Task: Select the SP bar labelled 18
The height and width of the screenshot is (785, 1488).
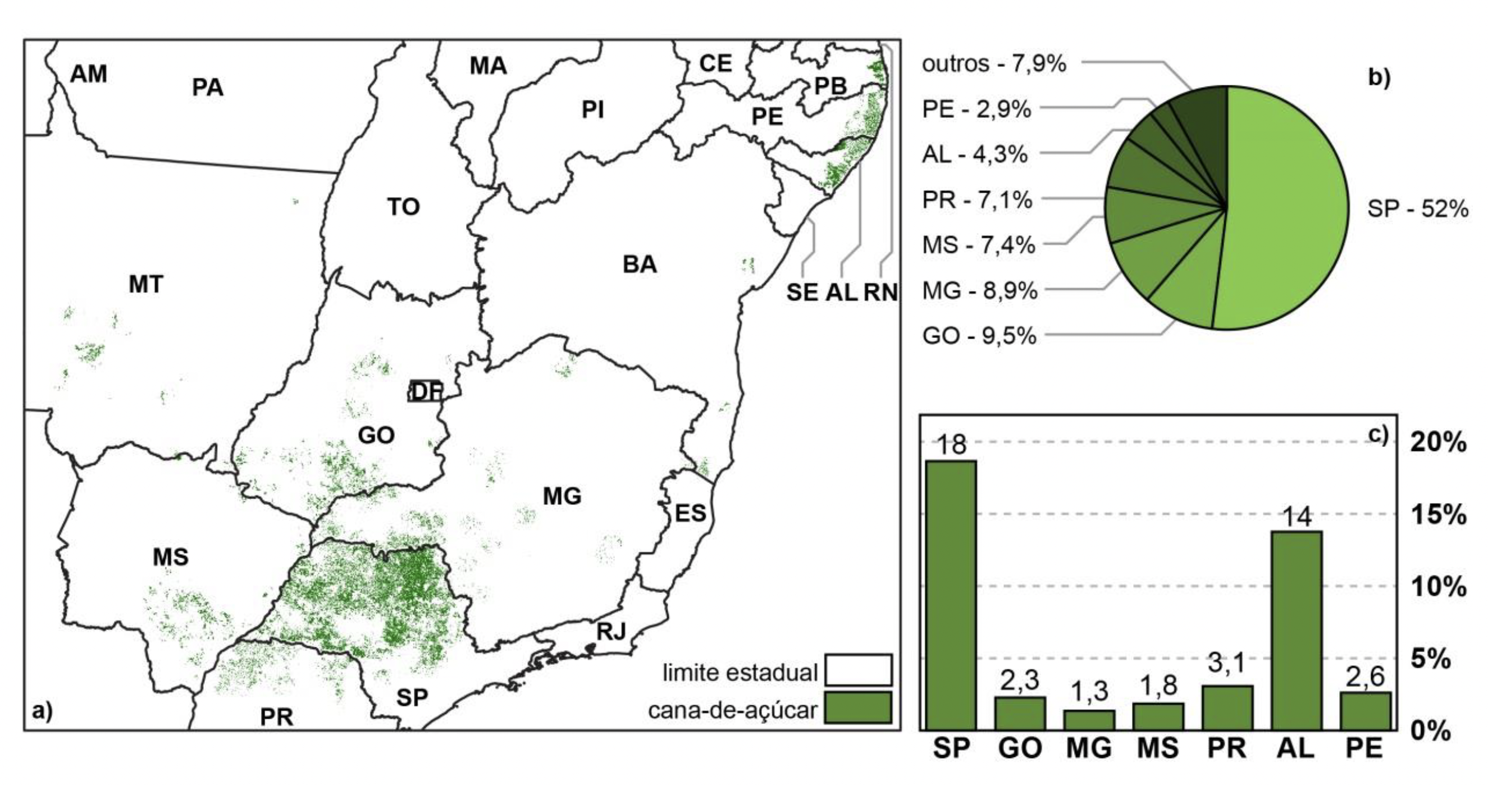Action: [951, 595]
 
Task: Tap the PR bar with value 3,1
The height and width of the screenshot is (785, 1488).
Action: [1227, 707]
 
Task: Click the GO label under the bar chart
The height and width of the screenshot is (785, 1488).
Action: [1020, 749]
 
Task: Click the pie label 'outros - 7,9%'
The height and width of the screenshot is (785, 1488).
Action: [993, 63]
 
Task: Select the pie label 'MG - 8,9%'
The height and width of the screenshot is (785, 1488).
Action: [980, 290]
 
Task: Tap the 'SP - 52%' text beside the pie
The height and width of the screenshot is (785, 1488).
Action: [1417, 208]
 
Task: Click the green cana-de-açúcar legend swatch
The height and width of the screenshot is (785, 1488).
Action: [858, 708]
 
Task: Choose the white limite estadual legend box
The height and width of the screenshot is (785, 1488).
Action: [858, 669]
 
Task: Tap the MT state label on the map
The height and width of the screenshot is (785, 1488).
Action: [145, 284]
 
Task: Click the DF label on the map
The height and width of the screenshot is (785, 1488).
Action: [426, 391]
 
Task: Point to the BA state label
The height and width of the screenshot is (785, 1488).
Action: [640, 264]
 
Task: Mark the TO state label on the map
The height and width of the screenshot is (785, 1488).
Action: [403, 207]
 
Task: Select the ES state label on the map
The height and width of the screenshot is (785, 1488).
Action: [690, 513]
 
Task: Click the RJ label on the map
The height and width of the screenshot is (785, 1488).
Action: [611, 631]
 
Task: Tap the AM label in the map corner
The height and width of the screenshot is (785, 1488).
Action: [88, 74]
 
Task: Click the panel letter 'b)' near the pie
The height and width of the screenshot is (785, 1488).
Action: [1379, 78]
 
